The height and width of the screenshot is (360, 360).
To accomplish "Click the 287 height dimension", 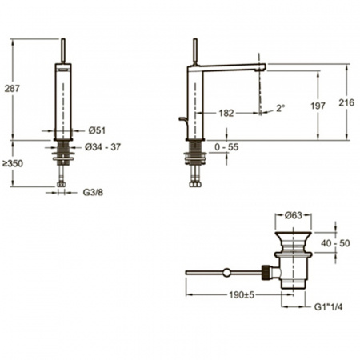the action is pos(12,89).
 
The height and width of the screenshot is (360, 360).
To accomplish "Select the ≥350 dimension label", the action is pos(13,163).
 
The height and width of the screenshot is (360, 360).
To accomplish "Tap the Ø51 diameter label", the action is pos(97,130).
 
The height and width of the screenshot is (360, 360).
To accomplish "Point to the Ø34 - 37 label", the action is pos(102,147).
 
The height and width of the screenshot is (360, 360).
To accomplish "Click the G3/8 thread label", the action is pos(93,192).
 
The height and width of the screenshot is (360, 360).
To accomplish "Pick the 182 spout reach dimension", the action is pos(226,113).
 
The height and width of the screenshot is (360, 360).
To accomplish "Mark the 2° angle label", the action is pos(280,108).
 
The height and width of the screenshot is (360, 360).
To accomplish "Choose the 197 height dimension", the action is pos(318,106).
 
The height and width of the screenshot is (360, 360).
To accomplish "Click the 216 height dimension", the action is pos(346,102).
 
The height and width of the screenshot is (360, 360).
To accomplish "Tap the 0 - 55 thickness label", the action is pos(226,147).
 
